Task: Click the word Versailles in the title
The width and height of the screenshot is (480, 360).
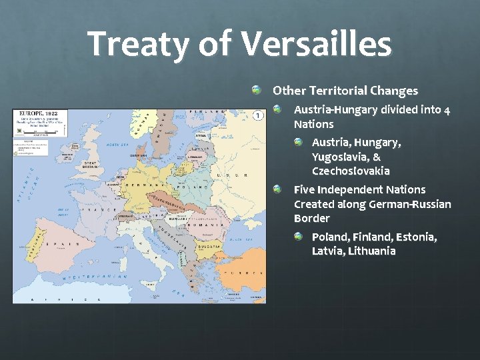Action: pyautogui.click(x=316, y=45)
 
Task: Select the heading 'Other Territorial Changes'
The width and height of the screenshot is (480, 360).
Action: pyautogui.click(x=345, y=91)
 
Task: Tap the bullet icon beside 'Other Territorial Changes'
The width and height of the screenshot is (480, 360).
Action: pyautogui.click(x=257, y=90)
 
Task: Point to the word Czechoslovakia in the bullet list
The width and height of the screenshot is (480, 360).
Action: pyautogui.click(x=351, y=171)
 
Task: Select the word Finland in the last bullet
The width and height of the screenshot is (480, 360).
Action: pyautogui.click(x=369, y=237)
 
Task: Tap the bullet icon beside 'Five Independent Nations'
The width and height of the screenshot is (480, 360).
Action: pyautogui.click(x=277, y=189)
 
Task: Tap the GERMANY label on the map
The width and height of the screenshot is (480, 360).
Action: pyautogui.click(x=137, y=185)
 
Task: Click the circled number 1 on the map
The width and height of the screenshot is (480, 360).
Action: pyautogui.click(x=257, y=116)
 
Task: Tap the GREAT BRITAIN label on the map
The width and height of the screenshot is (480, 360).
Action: pyautogui.click(x=91, y=165)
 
